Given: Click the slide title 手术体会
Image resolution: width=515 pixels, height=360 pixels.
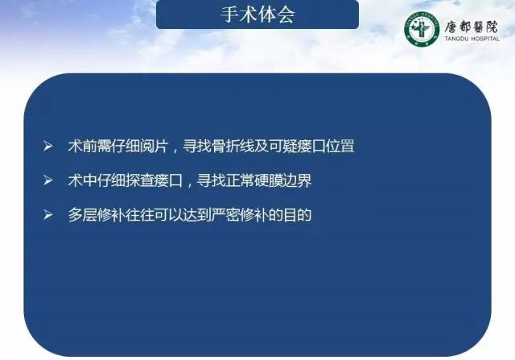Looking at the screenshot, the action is coord(257,14).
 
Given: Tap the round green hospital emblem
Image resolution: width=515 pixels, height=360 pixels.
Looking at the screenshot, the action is coord(422,29).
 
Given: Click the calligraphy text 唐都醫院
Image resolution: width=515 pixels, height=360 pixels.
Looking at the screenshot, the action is coord(472,27).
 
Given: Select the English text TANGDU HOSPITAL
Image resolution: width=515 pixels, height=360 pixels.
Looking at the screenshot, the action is coord(472,39).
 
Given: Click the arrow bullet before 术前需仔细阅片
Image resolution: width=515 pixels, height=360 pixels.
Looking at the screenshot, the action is coord(48,146).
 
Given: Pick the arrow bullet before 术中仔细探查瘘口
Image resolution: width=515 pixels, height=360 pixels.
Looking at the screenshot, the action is coord(48,180).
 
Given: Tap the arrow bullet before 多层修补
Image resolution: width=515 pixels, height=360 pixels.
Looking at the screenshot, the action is coord(48,215).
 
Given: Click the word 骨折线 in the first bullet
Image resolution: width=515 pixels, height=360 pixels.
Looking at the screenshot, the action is coord(233,146).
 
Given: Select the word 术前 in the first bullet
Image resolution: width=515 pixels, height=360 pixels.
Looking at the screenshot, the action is coord(82,146).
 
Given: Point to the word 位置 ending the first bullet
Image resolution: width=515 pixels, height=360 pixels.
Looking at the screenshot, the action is coord(340,146).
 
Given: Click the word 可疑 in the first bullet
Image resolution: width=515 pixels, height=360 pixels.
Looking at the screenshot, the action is coord(283,146).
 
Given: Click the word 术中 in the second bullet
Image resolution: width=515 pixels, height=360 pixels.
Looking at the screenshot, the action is coord(82,180).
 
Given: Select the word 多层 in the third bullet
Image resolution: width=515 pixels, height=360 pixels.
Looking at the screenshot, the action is coord(82,215).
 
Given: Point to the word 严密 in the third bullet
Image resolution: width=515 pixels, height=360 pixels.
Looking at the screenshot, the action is coord(225,215).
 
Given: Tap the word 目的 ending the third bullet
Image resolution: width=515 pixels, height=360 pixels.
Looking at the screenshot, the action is coord(297,215).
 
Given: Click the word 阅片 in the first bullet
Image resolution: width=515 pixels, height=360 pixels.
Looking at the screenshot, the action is coord(154,146).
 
